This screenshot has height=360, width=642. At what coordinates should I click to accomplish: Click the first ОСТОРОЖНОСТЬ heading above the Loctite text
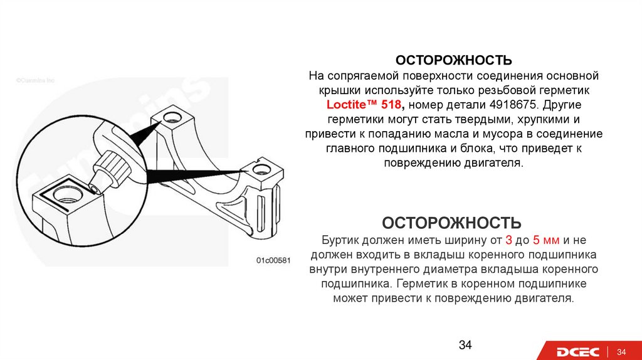tap(453, 60)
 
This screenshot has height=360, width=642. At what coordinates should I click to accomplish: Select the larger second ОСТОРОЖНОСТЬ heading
tap(451, 223)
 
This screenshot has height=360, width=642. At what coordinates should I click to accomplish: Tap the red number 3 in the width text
tap(508, 241)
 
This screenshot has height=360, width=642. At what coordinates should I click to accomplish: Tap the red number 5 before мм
tap(536, 241)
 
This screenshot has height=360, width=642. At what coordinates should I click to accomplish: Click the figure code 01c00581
tap(272, 260)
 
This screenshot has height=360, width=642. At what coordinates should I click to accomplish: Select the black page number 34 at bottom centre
tap(465, 345)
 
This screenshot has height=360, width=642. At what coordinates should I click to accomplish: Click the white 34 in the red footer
tap(623, 351)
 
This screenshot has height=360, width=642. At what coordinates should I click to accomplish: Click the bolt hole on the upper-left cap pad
tap(171, 117)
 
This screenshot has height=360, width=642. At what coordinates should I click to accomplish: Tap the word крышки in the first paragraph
tap(332, 90)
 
